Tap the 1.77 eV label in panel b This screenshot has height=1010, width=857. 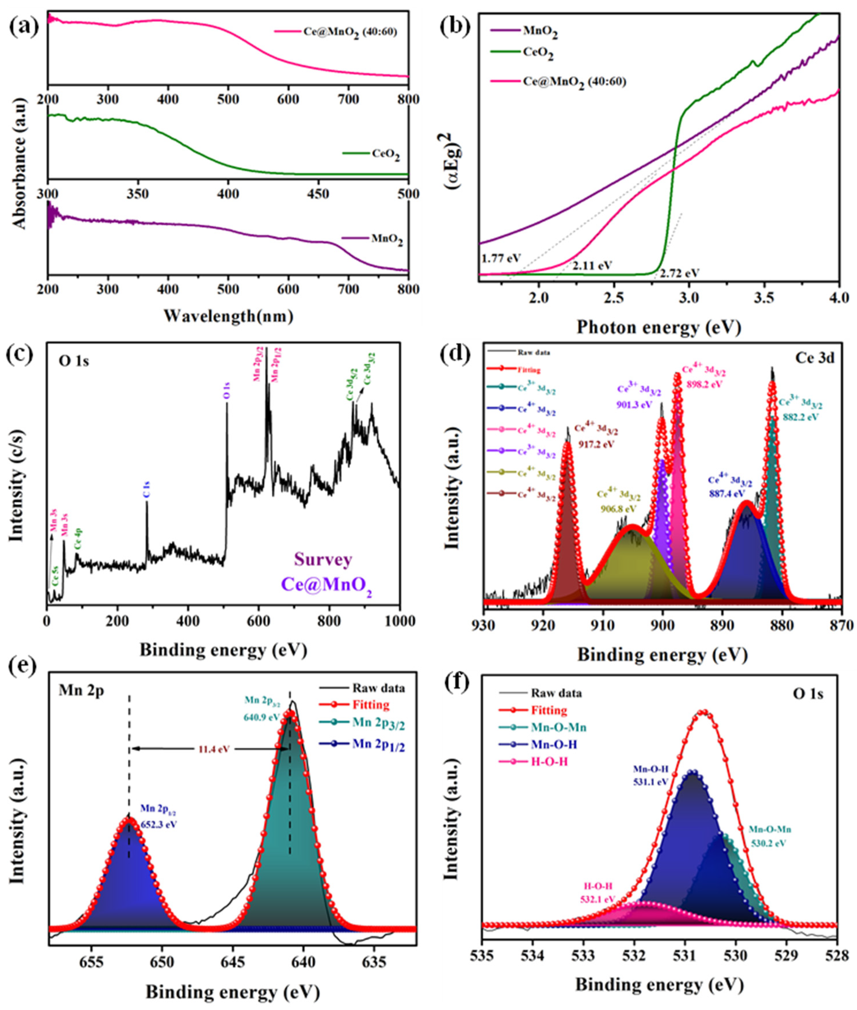(500, 259)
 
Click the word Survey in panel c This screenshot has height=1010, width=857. (322, 560)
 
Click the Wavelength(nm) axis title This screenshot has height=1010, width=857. (228, 316)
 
